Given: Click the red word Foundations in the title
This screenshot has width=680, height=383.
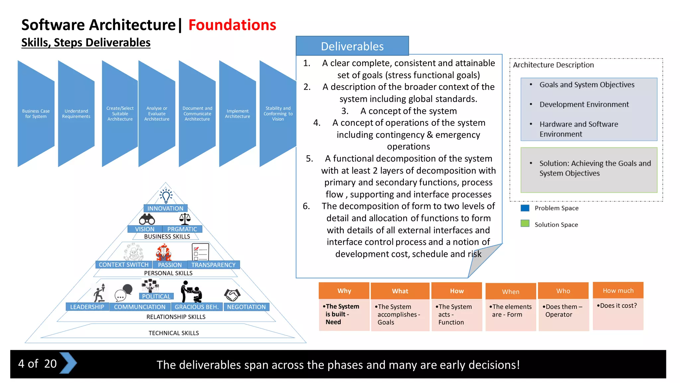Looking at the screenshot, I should click(232, 25).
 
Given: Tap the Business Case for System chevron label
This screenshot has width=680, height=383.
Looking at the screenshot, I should click(36, 114).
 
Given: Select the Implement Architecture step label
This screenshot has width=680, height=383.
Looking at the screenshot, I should click(237, 114).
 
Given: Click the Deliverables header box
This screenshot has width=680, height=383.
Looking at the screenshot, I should click(352, 46).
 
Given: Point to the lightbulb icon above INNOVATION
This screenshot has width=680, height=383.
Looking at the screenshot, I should click(166, 196).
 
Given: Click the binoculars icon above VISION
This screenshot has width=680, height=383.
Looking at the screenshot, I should click(147, 219).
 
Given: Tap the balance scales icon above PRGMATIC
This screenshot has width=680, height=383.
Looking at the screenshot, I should click(185, 219).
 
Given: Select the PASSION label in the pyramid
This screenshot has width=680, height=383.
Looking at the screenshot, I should click(170, 265).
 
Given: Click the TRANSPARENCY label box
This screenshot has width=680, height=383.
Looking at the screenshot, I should click(213, 265).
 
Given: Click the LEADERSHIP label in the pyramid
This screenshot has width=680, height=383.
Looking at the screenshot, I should click(87, 307).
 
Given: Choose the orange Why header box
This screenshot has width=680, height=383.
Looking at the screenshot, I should click(344, 291).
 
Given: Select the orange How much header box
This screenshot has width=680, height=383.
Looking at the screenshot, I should click(618, 291).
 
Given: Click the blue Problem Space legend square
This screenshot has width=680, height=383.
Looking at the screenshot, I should click(525, 208).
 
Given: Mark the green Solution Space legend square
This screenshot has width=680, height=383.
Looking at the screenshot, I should click(525, 223).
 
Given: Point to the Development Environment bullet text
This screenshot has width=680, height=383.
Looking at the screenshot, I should click(584, 104).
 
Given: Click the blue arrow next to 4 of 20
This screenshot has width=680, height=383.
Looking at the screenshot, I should click(68, 363).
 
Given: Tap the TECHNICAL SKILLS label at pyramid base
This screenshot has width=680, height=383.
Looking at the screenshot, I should click(174, 333).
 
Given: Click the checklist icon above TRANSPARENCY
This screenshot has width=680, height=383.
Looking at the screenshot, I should click(200, 252).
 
